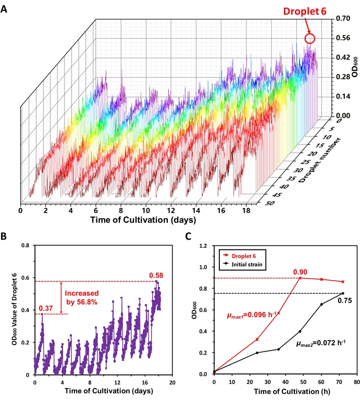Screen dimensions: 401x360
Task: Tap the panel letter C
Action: [190, 236]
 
